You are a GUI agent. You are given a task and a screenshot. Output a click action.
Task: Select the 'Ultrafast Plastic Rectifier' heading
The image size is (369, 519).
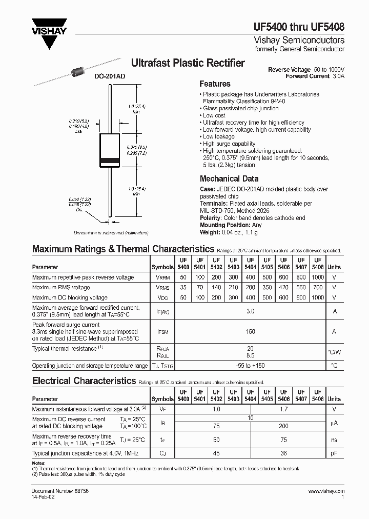(188, 63)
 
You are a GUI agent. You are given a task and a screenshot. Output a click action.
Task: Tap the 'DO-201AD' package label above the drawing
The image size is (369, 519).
(110, 76)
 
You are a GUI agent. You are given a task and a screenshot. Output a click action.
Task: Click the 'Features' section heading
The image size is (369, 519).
(215, 84)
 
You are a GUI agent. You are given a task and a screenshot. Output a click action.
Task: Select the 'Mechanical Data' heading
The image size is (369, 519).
(229, 179)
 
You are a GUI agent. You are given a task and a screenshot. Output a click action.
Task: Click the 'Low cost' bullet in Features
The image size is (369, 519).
(214, 115)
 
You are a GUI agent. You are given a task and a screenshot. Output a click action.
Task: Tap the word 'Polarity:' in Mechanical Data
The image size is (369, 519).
(211, 218)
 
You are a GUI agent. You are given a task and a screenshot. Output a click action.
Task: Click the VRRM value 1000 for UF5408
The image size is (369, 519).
(318, 277)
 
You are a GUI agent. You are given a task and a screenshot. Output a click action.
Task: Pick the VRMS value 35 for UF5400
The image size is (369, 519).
(183, 287)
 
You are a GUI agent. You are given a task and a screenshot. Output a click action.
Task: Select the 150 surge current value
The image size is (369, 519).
(250, 332)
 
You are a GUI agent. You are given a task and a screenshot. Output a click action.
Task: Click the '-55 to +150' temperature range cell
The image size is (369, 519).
(250, 366)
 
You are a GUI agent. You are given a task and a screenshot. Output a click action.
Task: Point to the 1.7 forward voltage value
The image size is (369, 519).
(283, 409)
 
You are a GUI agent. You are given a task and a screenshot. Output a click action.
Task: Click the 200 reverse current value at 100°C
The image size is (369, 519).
(283, 426)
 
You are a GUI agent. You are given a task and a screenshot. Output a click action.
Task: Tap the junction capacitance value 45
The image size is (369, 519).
(216, 453)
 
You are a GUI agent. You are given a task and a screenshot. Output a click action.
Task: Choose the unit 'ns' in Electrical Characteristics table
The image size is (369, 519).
(334, 440)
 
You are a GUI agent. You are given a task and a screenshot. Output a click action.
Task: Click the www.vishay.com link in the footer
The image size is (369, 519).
(326, 491)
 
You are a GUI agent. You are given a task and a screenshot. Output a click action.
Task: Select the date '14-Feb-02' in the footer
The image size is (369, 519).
(44, 497)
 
